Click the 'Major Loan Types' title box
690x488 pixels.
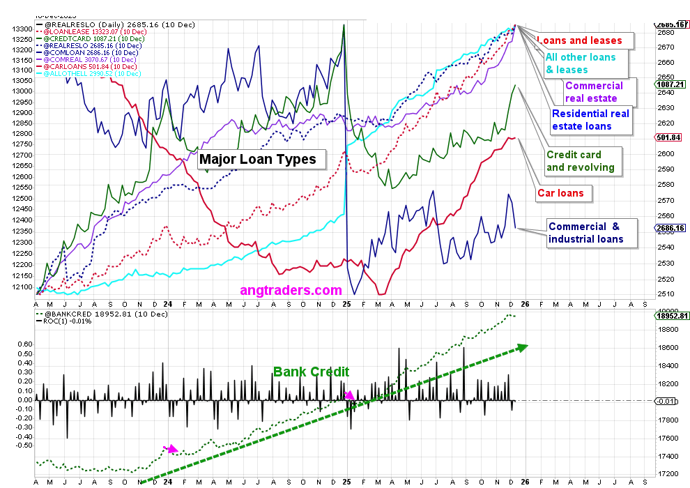pos(258,159)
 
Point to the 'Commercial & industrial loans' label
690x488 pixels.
pos(583,233)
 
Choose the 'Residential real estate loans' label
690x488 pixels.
pos(590,119)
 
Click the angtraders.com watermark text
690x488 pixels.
pos(291,290)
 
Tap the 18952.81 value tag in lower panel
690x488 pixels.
pos(671,315)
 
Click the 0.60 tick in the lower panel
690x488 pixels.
pos(25,344)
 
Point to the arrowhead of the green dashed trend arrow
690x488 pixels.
pos(522,346)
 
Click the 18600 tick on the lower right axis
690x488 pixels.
pos(667,347)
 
